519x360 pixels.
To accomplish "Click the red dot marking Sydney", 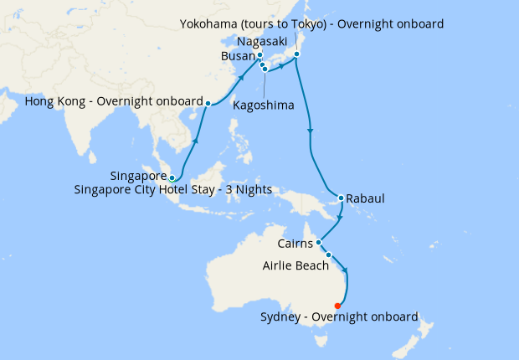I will pyautogui.click(x=337, y=306).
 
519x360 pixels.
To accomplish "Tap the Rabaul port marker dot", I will pyautogui.click(x=341, y=198).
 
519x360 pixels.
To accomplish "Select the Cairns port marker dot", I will pyautogui.click(x=319, y=243).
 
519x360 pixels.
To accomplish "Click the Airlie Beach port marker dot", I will pyautogui.click(x=329, y=255).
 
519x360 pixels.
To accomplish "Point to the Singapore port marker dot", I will pyautogui.click(x=172, y=177).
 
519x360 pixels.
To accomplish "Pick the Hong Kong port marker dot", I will pyautogui.click(x=208, y=104).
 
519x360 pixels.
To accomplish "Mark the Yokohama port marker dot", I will pyautogui.click(x=297, y=56).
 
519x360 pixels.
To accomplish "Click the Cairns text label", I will pyautogui.click(x=295, y=244).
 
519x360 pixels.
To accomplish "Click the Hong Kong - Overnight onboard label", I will pyautogui.click(x=114, y=102).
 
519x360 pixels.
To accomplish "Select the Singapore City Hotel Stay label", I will pyautogui.click(x=191, y=190).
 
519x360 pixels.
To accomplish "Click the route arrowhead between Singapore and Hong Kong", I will pyautogui.click(x=196, y=141).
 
